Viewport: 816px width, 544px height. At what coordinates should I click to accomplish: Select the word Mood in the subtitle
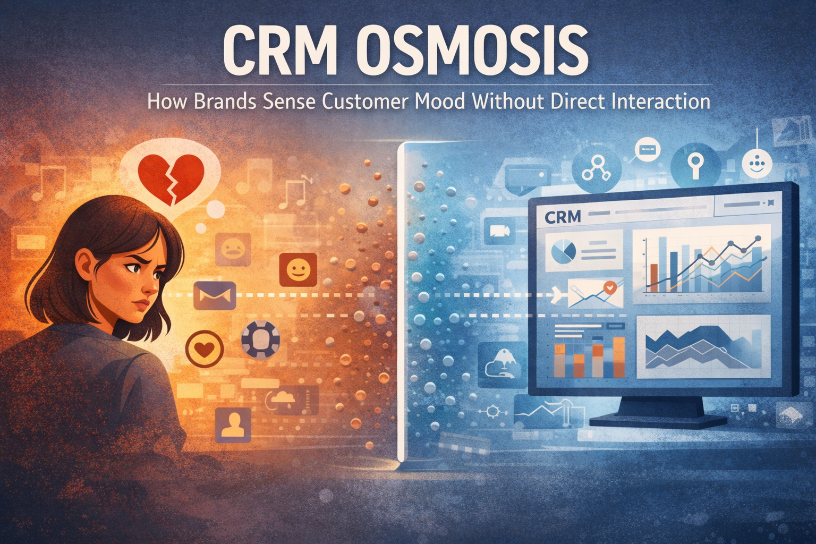click(439, 101)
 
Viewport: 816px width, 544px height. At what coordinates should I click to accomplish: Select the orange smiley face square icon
click(298, 270)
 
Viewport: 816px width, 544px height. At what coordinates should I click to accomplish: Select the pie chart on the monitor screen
click(564, 251)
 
